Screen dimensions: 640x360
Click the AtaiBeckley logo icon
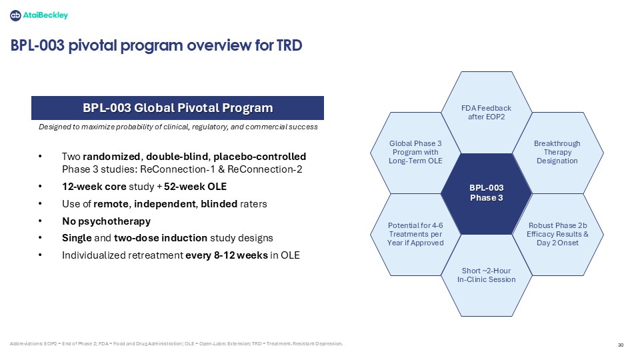pyautogui.click(x=15, y=15)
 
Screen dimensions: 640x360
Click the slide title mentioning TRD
pyautogui.click(x=156, y=45)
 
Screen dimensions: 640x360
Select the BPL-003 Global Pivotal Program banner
pyautogui.click(x=177, y=108)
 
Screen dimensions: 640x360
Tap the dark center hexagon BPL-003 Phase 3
pyautogui.click(x=487, y=193)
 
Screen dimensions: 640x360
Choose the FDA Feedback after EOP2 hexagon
pyautogui.click(x=487, y=112)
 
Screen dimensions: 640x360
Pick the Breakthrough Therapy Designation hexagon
pyautogui.click(x=557, y=153)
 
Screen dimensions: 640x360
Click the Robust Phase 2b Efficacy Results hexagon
pyautogui.click(x=557, y=234)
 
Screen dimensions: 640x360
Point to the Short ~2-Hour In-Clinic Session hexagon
pyautogui.click(x=487, y=275)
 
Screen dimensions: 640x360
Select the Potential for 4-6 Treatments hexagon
pyautogui.click(x=415, y=234)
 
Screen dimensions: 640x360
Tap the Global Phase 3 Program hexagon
pyautogui.click(x=415, y=153)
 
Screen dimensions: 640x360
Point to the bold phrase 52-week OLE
pyautogui.click(x=195, y=187)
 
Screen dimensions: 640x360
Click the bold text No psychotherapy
pyautogui.click(x=106, y=221)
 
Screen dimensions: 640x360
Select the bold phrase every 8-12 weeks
pyautogui.click(x=227, y=255)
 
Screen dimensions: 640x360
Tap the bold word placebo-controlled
pyautogui.click(x=259, y=157)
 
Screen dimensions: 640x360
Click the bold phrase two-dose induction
pyautogui.click(x=161, y=238)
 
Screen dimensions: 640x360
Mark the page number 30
pyautogui.click(x=621, y=345)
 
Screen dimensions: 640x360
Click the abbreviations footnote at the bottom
pyautogui.click(x=176, y=344)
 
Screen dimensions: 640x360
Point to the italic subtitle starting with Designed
pyautogui.click(x=178, y=127)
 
